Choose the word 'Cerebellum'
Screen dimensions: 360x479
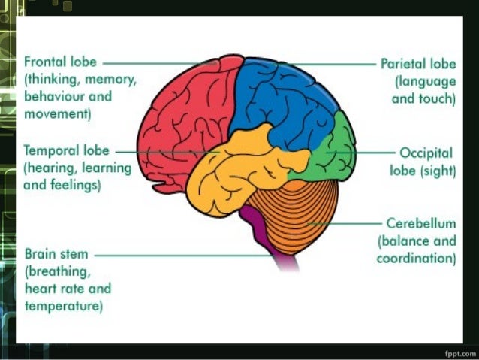pos(421,224)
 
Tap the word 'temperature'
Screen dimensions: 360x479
pos(64,306)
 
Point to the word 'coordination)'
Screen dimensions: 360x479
pos(417,259)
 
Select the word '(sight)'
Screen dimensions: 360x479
pos(438,171)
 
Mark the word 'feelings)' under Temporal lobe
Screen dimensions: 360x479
pos(74,184)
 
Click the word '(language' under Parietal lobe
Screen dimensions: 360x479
pos(425,82)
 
